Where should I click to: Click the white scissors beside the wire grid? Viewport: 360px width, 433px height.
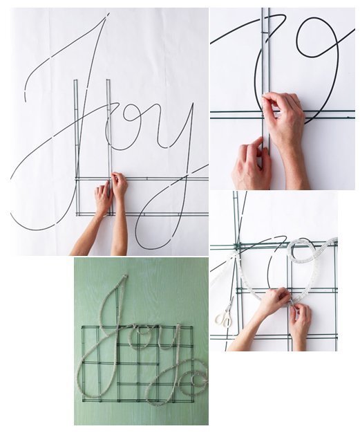(x=225, y=313)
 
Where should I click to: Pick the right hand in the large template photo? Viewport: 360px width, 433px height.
(x=119, y=185)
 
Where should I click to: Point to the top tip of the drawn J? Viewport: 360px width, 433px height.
(x=108, y=13)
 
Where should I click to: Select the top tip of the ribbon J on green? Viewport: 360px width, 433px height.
(x=126, y=275)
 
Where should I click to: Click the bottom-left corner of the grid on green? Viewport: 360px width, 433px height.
(x=83, y=400)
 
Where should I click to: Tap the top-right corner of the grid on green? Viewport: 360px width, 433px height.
(x=192, y=327)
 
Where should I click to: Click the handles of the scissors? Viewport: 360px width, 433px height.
(x=222, y=320)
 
